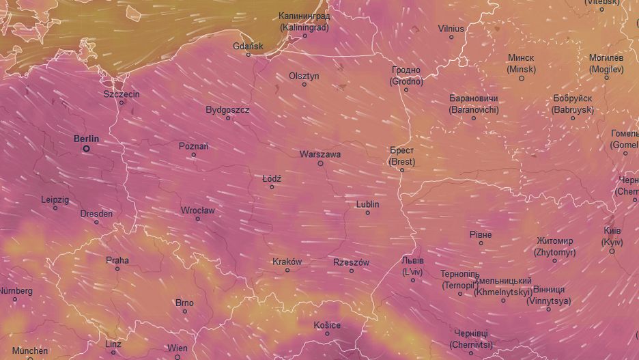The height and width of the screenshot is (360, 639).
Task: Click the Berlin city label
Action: coord(86,139)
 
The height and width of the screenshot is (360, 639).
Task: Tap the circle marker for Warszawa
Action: coord(320,163)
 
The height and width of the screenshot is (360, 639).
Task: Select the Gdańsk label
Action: coord(248,46)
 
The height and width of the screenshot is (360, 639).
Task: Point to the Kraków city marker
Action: coord(287,271)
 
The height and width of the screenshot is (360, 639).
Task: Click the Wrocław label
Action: coord(197,210)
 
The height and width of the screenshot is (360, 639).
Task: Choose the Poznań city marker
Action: coord(193,155)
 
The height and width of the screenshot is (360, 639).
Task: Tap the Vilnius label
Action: coord(451,28)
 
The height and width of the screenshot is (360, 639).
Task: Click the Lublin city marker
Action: coord(367,213)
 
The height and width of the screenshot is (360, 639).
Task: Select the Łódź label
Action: coord(272,178)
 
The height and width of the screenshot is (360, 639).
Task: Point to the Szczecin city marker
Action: coord(122,103)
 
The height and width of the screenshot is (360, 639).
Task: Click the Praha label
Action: coord(117,260)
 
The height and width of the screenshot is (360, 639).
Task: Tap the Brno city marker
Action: coord(184,311)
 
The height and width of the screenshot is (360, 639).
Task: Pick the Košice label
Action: coord(327,324)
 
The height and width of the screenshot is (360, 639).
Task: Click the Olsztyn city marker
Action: coord(304,85)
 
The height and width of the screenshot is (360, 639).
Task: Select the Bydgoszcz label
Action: coord(227,109)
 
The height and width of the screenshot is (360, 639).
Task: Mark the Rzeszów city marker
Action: coord(352,271)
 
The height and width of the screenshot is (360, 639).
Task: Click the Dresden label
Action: coord(96,213)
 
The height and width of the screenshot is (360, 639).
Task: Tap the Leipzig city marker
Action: coord(55,208)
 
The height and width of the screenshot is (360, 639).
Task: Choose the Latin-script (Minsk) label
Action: coord(520,70)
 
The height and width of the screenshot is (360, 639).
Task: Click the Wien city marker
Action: coord(177,357)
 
